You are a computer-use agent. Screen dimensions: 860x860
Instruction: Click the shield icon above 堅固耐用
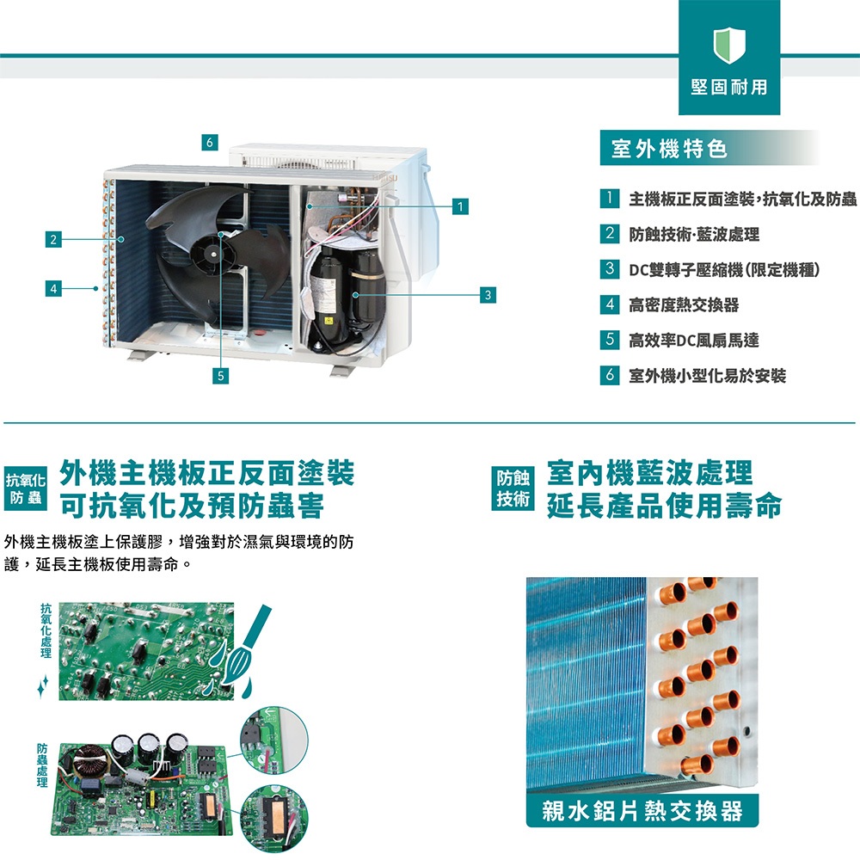(x=729, y=46)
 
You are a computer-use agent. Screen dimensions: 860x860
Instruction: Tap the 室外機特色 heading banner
(x=709, y=148)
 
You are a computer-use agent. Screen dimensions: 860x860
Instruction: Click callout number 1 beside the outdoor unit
(x=460, y=206)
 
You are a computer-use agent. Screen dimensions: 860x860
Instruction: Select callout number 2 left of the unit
(x=53, y=239)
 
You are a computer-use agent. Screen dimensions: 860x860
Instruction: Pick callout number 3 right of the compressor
(x=488, y=294)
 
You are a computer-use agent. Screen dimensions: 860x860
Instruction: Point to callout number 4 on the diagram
(x=53, y=288)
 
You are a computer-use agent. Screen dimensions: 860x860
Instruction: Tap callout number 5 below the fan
(x=220, y=376)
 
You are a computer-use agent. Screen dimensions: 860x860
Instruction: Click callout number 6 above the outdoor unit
(x=210, y=142)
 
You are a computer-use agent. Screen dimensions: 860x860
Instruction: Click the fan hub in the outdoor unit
(x=212, y=255)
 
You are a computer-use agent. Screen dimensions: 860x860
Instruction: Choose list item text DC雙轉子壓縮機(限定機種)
(x=724, y=269)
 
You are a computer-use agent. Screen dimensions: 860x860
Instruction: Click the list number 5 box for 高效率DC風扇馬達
(x=610, y=340)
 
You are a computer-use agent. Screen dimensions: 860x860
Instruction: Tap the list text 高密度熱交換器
(x=684, y=304)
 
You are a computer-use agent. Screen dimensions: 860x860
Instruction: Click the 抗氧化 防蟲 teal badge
(x=25, y=488)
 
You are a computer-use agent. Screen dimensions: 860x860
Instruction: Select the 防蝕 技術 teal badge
(x=513, y=488)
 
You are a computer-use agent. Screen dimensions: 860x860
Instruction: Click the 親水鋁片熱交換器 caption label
(x=642, y=810)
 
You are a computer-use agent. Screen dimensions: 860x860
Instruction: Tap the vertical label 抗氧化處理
(x=46, y=630)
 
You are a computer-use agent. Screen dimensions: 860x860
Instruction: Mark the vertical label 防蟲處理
(x=42, y=765)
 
